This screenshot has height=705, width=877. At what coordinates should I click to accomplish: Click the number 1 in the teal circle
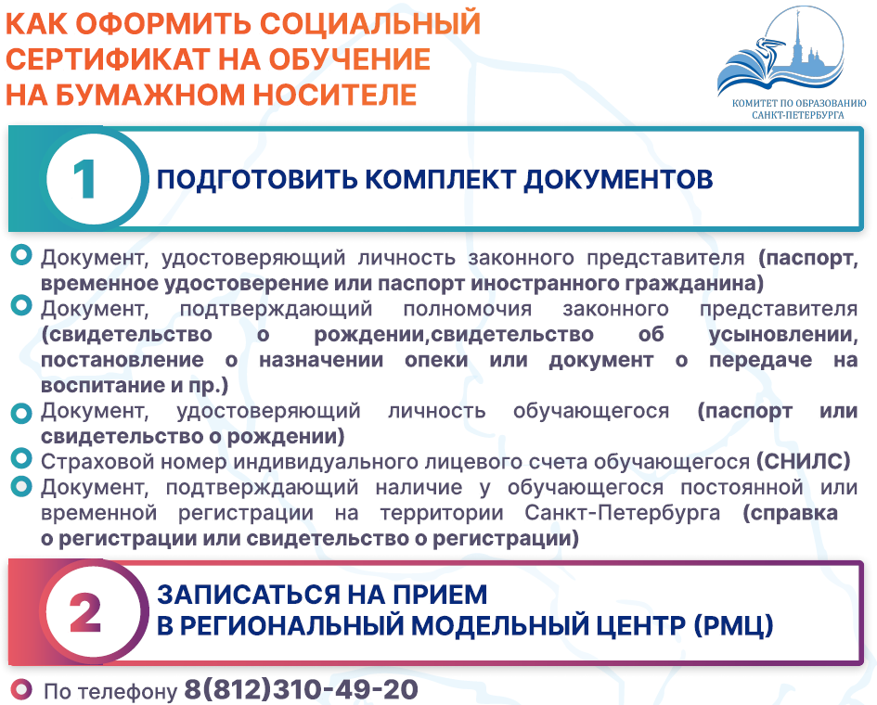click(x=84, y=179)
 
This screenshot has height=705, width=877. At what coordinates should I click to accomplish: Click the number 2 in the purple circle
click(x=85, y=612)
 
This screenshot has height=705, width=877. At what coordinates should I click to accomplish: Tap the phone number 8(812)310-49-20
click(x=301, y=689)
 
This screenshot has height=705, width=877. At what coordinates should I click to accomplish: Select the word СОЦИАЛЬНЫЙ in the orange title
click(x=370, y=23)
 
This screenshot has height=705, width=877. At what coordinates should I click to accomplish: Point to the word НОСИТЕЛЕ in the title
click(x=335, y=94)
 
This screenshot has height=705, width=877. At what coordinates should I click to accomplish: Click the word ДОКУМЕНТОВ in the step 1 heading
click(x=619, y=180)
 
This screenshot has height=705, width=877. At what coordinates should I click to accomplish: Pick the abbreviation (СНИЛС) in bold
click(x=803, y=461)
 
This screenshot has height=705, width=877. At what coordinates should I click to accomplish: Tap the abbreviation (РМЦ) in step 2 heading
click(x=733, y=625)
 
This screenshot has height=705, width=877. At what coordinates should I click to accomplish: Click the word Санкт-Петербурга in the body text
click(x=623, y=513)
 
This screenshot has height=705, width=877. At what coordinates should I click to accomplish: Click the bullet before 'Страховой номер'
click(x=21, y=459)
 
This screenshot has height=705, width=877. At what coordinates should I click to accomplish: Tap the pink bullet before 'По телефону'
click(x=21, y=689)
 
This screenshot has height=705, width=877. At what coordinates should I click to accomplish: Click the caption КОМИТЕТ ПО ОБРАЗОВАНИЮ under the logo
click(x=799, y=103)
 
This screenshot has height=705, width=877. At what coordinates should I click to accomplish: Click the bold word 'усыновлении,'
click(x=783, y=334)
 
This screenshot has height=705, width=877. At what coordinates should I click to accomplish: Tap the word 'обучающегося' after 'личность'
click(x=590, y=411)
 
